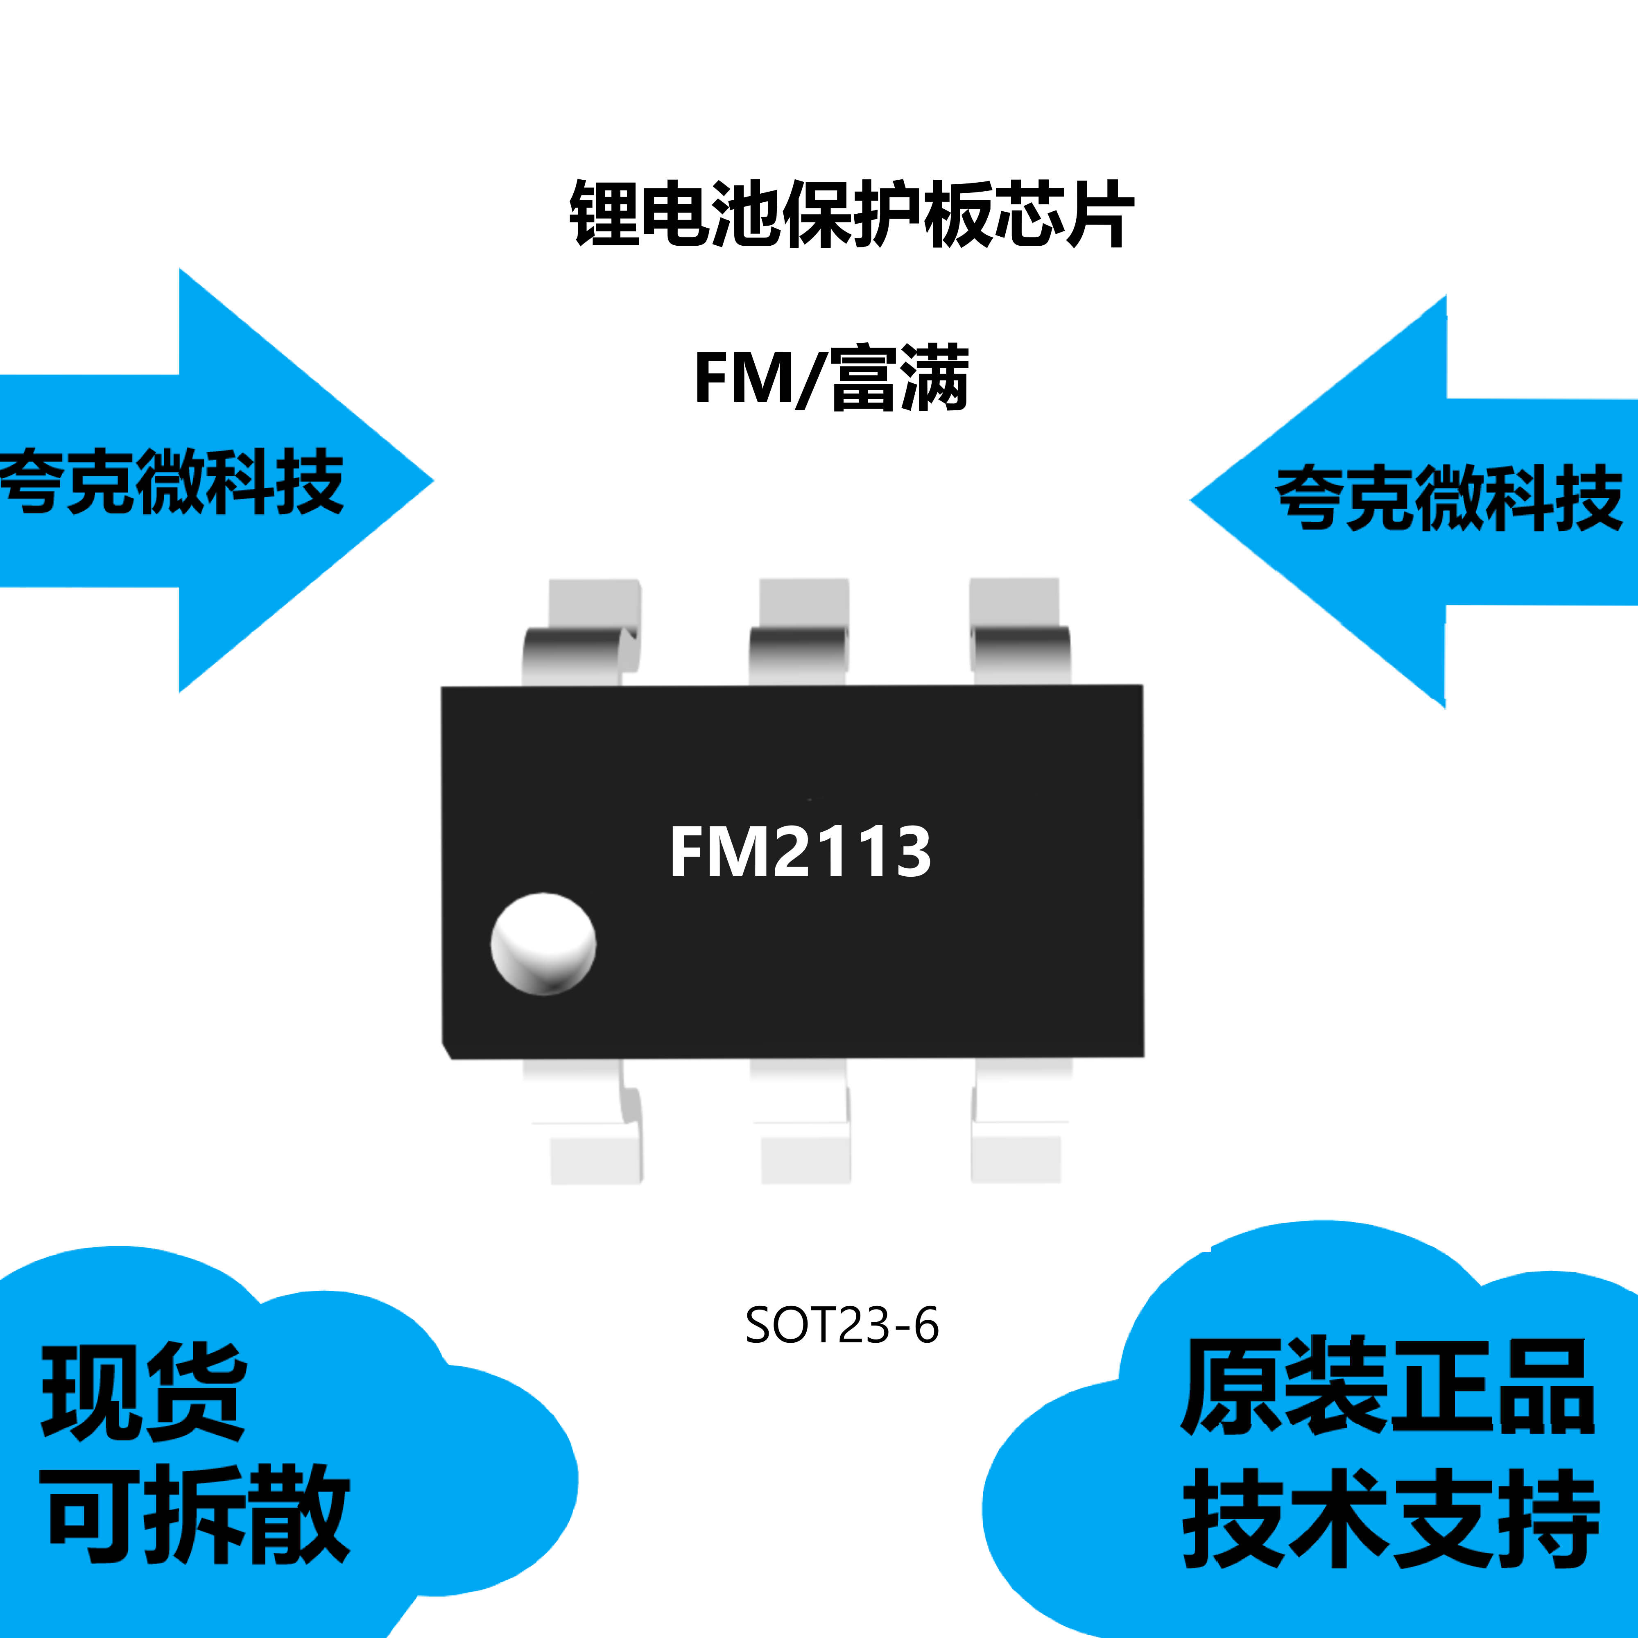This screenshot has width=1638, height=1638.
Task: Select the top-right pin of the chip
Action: (1017, 631)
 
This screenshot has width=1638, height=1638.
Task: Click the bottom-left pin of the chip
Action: (585, 1121)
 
